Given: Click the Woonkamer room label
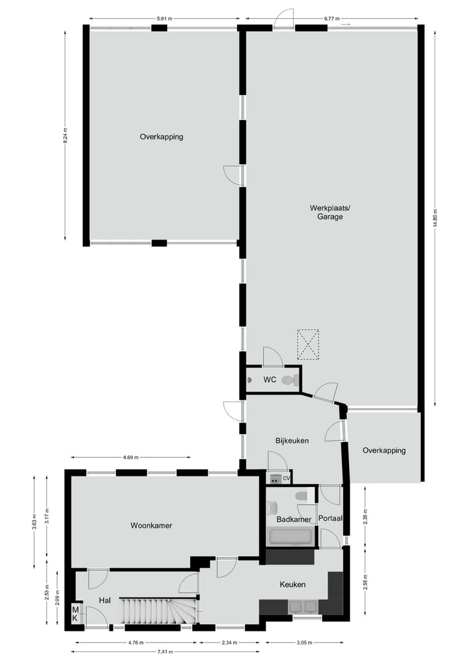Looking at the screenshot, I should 151,525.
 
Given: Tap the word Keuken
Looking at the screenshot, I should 292,585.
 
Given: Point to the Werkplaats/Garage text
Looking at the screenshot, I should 330,212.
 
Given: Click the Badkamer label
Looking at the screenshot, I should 290,519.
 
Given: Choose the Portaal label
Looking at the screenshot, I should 330,519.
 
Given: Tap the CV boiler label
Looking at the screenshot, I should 286,479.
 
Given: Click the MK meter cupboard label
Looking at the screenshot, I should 76,614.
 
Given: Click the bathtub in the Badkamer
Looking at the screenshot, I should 291,537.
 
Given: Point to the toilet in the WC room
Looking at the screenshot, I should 291,380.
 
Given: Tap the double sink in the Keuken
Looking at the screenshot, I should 304,607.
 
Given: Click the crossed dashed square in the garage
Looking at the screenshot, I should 309,344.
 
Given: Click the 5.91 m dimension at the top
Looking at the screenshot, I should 165,19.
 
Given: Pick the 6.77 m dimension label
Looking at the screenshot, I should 333,19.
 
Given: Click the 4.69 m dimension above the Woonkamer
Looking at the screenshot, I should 131,457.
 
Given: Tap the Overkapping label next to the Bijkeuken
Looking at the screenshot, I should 384,450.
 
